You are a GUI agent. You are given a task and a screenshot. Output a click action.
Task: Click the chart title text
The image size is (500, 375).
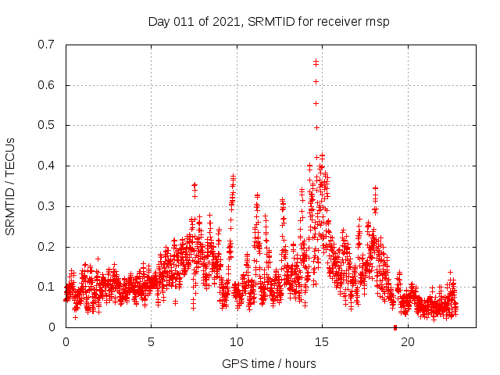pyautogui.click(x=268, y=21)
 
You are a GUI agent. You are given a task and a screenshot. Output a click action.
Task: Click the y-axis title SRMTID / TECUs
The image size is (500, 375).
pyautogui.click(x=10, y=186)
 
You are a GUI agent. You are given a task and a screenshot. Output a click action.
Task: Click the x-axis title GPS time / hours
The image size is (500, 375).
pyautogui.click(x=268, y=363)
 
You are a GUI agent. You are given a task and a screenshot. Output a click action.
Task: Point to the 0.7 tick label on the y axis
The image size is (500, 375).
pyautogui.click(x=47, y=45)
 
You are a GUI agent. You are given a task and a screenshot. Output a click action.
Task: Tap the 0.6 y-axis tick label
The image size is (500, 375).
pyautogui.click(x=47, y=85)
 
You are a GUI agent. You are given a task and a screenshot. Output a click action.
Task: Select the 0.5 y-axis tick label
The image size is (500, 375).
pyautogui.click(x=47, y=125)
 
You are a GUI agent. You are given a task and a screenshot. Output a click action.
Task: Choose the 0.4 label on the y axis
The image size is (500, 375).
pyautogui.click(x=47, y=166)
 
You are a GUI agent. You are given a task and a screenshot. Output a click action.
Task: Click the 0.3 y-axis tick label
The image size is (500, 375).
pyautogui.click(x=47, y=206)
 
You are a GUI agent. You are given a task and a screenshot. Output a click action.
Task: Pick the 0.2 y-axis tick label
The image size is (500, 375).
pyautogui.click(x=47, y=247)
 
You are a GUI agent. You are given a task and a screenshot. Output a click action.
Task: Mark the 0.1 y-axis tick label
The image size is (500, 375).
pyautogui.click(x=47, y=287)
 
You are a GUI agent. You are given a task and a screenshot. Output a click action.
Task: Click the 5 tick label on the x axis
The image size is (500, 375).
pyautogui.click(x=152, y=342)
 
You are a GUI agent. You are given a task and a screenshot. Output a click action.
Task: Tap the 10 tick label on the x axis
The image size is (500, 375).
pyautogui.click(x=237, y=342)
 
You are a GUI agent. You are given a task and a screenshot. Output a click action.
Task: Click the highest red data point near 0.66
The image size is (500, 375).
pyautogui.click(x=316, y=61)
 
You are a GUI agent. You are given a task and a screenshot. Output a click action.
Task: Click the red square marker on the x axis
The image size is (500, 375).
pyautogui.click(x=395, y=327)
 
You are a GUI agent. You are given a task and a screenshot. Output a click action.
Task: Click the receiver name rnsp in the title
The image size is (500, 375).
pyautogui.click(x=376, y=21)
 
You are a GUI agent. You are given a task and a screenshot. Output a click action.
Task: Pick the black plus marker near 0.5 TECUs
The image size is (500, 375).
pyautogui.click(x=316, y=127)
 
